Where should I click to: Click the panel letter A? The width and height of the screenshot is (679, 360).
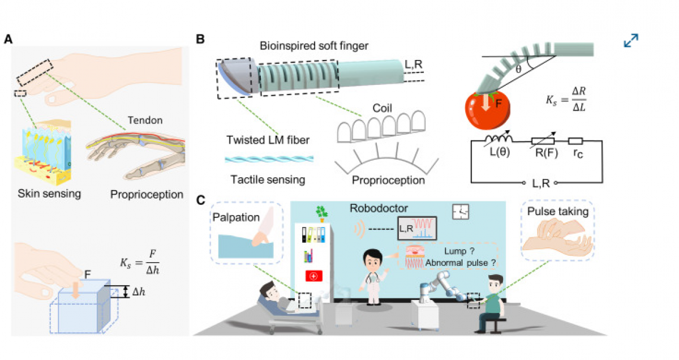coord(8,40)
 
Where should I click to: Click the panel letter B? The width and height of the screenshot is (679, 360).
coord(200,40)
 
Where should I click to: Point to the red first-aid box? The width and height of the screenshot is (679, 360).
coord(313,276)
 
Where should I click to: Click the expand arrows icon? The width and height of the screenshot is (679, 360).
coord(631,40)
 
